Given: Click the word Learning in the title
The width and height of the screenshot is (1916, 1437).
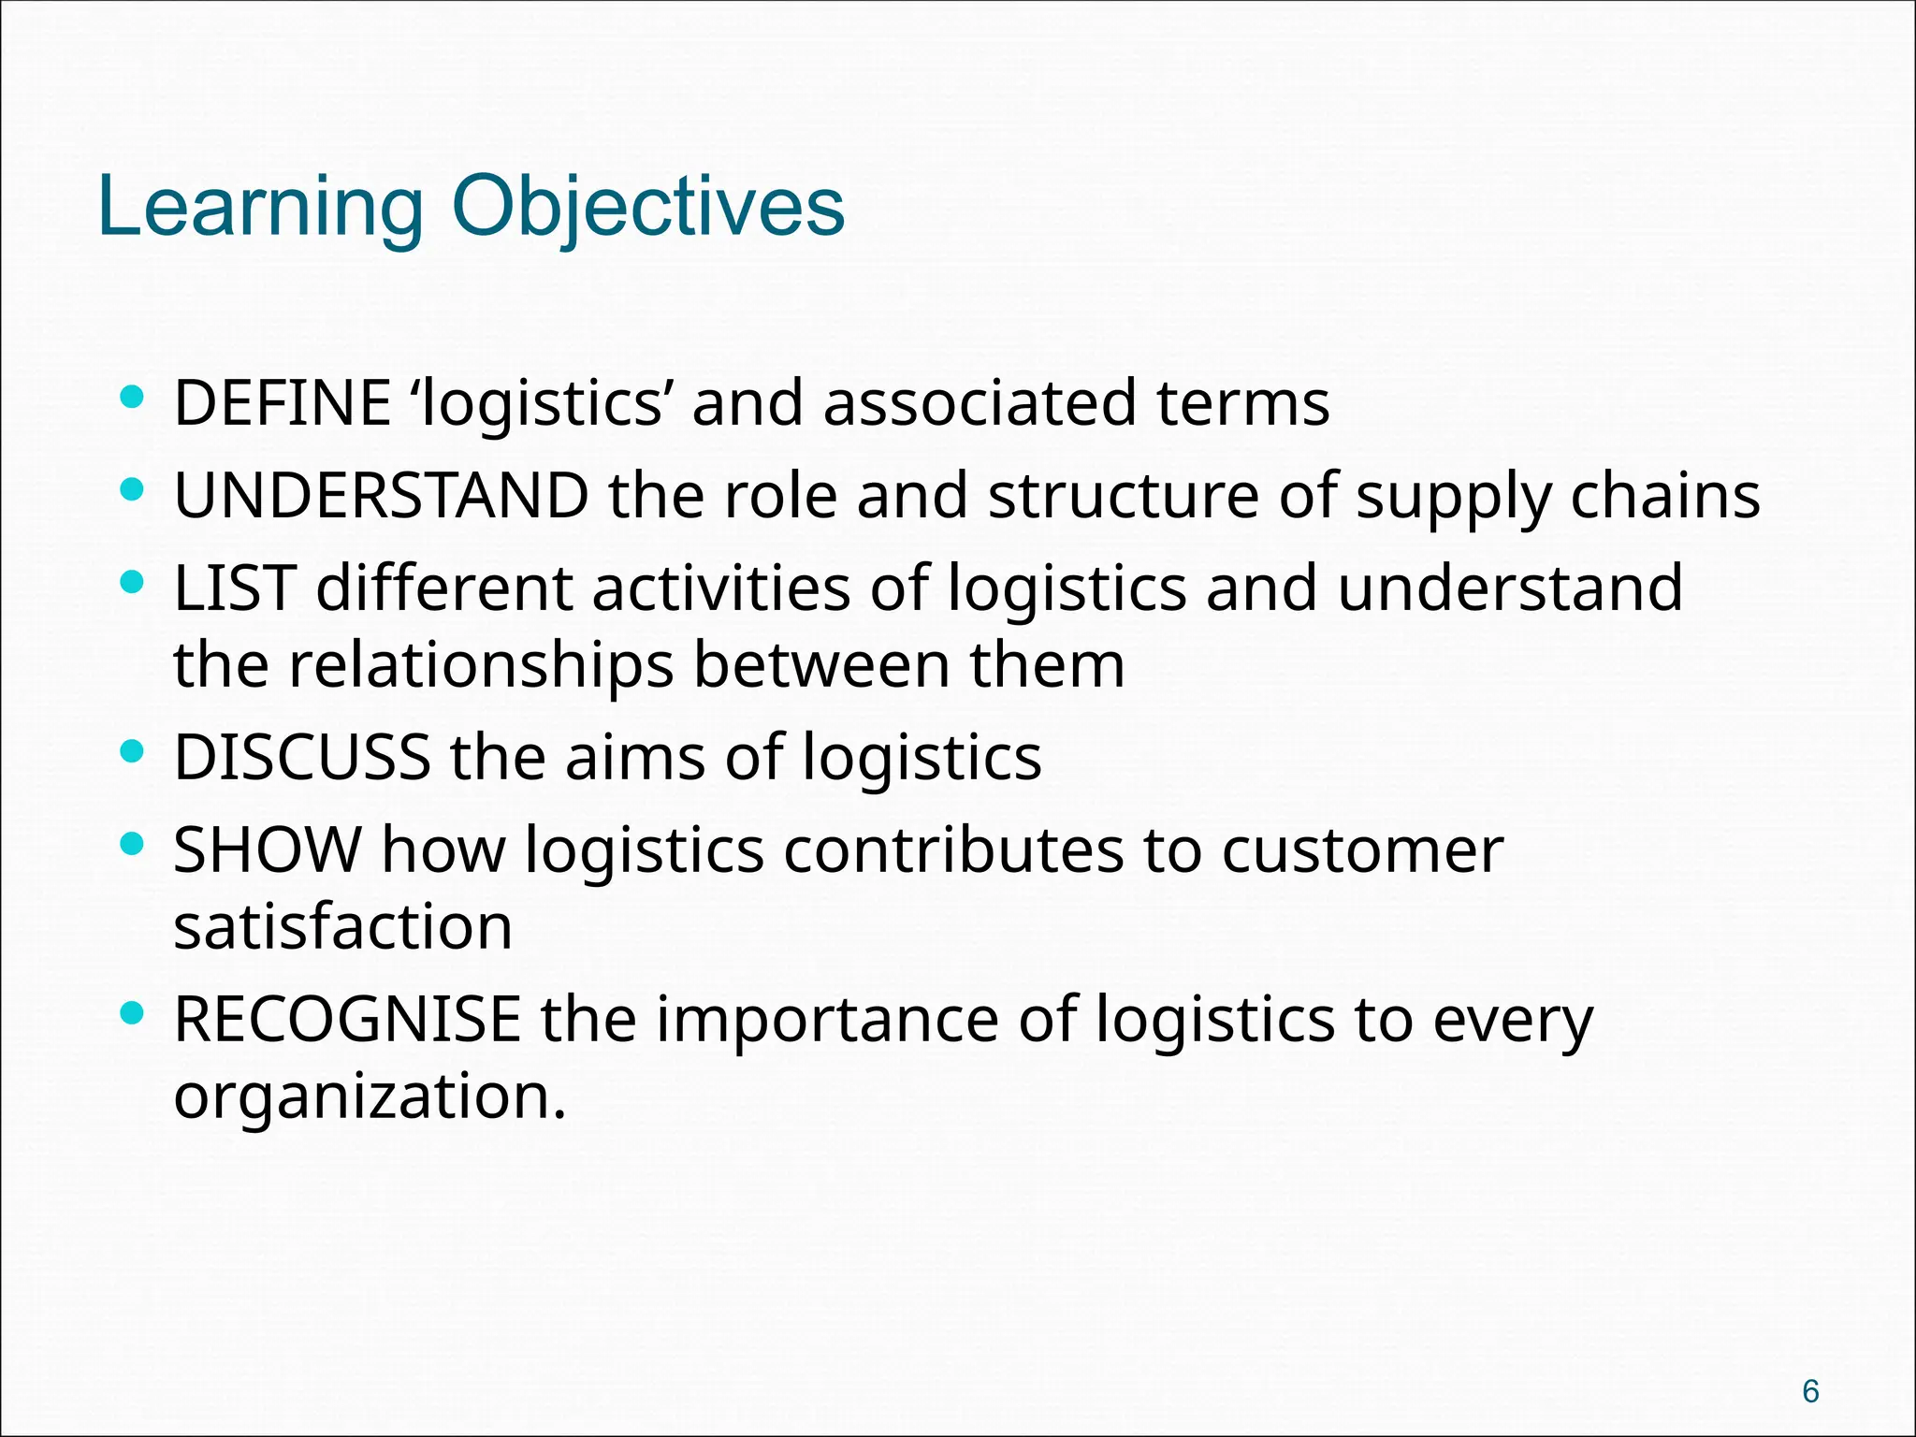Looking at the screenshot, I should click(x=260, y=208).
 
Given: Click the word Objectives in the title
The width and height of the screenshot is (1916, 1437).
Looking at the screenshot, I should click(x=648, y=208).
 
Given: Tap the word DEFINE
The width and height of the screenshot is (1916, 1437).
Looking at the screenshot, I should click(x=282, y=403).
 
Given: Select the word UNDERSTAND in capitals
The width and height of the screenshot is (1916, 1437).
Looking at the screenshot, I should click(x=382, y=496).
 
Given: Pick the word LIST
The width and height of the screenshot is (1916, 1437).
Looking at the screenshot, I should click(x=235, y=588).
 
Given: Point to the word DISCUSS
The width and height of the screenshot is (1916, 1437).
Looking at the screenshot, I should click(x=302, y=757).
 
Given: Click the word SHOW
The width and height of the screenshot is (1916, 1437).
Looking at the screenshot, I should click(x=268, y=850).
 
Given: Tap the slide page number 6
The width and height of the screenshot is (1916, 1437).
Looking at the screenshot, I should click(x=1810, y=1391).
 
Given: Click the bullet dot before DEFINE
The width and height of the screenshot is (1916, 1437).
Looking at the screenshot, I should click(x=133, y=398).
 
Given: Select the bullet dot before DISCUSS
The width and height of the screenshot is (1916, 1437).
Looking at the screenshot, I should click(x=133, y=751).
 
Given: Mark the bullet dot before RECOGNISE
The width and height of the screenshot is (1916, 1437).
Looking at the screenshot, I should click(x=133, y=1013).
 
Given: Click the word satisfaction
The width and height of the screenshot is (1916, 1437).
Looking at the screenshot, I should click(x=342, y=927).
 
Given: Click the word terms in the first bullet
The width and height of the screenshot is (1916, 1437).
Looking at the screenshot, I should click(x=1242, y=403).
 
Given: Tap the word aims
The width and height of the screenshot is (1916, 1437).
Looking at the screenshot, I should click(x=635, y=757).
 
